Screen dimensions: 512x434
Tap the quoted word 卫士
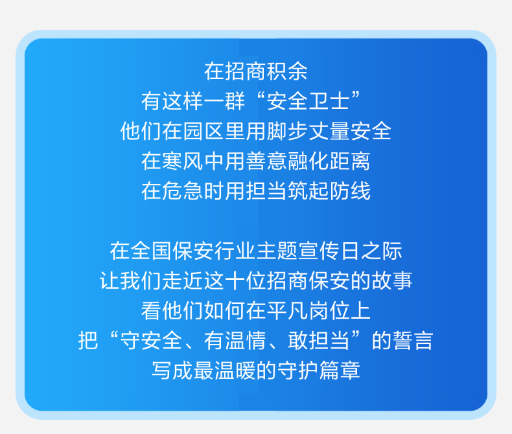tap(329, 101)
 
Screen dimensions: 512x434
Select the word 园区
tap(204, 131)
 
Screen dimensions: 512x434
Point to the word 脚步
tap(287, 131)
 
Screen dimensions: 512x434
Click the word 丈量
tap(329, 131)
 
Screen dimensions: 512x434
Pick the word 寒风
tap(183, 161)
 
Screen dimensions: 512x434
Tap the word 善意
tap(266, 161)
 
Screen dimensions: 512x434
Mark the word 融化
tap(308, 161)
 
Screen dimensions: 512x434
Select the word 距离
tap(350, 161)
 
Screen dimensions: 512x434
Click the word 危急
tap(183, 191)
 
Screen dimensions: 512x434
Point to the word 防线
tap(350, 191)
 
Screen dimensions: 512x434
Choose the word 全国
tap(152, 251)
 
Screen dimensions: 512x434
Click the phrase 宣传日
tap(329, 251)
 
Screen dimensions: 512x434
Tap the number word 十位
tap(246, 280)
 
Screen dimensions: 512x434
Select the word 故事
tap(391, 280)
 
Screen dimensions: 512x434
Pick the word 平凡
tap(287, 311)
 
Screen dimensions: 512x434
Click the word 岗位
tap(329, 311)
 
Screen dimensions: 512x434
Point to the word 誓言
tap(412, 341)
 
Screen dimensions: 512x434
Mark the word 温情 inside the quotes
tap(246, 341)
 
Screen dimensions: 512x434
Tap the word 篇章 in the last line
tap(340, 371)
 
